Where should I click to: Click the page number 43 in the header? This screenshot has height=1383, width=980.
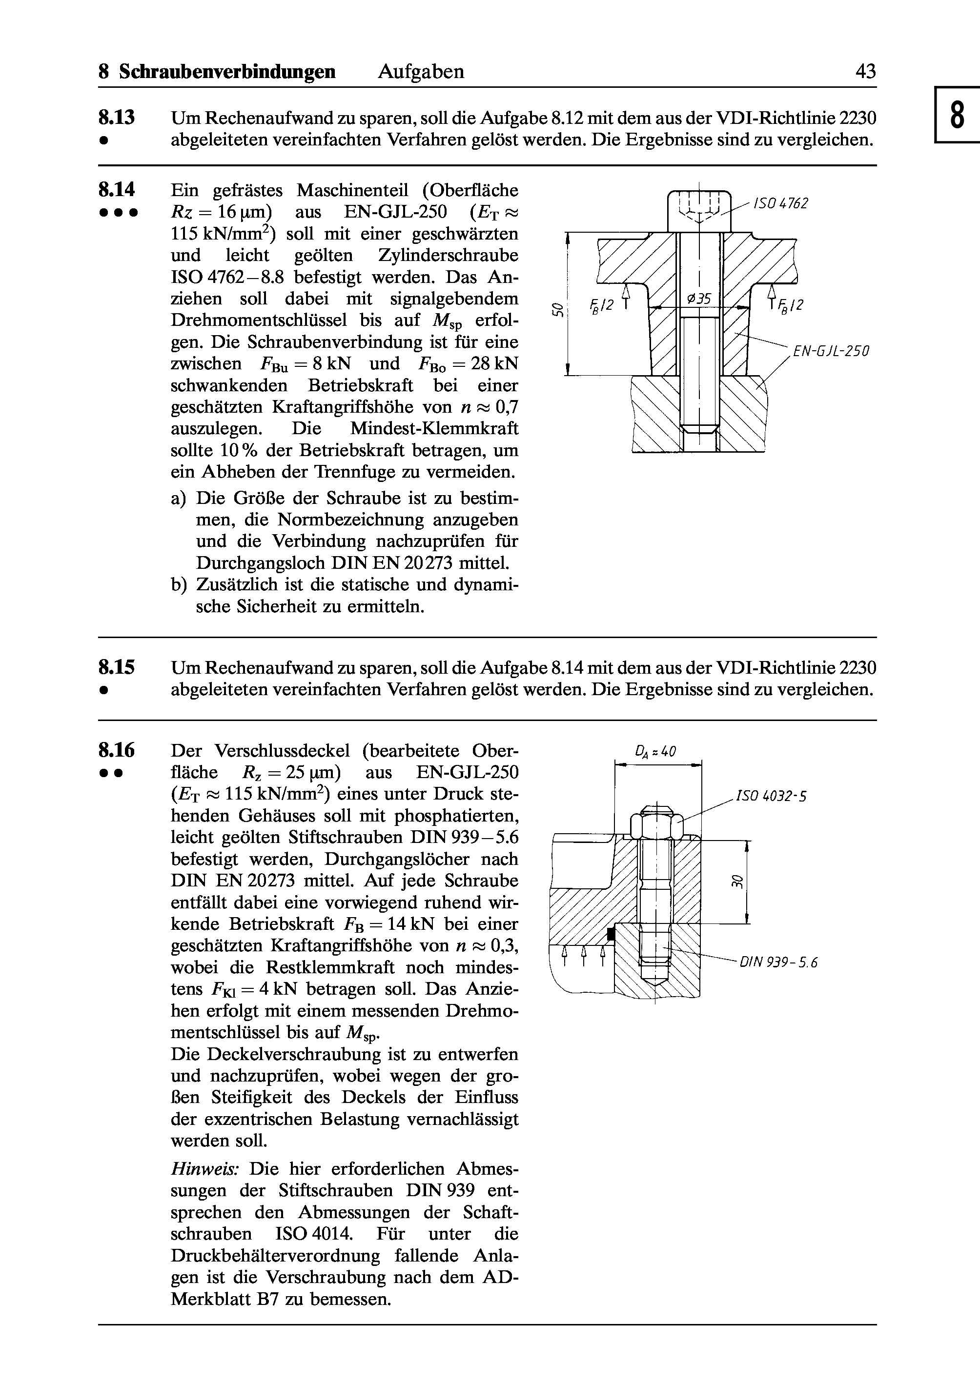click(x=865, y=72)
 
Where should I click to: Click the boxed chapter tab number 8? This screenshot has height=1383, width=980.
click(x=957, y=115)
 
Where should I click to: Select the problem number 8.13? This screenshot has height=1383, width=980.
click(x=117, y=117)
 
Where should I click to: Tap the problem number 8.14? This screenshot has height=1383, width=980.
click(x=117, y=190)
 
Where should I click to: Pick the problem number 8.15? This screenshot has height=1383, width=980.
click(x=117, y=668)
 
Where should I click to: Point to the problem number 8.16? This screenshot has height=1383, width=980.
click(x=117, y=751)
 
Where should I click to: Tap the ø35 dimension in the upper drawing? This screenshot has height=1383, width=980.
click(x=700, y=299)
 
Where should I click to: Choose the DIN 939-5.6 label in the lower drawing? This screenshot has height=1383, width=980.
click(x=778, y=963)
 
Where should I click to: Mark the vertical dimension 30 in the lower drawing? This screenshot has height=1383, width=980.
click(x=735, y=881)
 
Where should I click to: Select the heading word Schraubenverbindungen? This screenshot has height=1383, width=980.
click(x=227, y=72)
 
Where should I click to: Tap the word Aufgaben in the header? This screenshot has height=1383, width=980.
click(x=421, y=72)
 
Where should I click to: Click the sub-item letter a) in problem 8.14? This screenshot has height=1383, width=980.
click(x=179, y=498)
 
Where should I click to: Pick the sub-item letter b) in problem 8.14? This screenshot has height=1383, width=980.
click(x=179, y=584)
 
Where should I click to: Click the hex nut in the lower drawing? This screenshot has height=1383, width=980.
click(x=656, y=824)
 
